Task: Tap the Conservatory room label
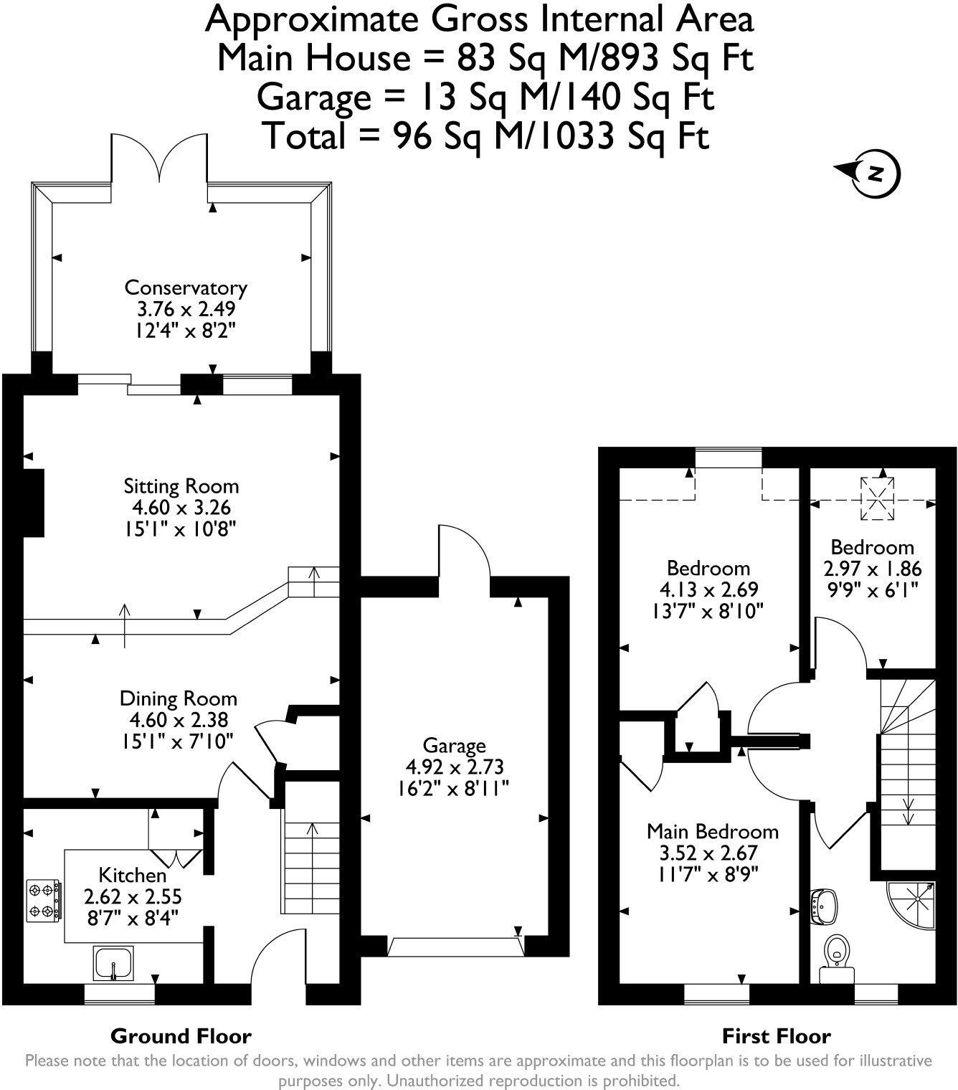(x=186, y=288)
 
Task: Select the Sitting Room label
(x=181, y=486)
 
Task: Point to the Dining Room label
(x=178, y=698)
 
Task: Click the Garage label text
(x=453, y=746)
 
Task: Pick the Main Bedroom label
(x=712, y=832)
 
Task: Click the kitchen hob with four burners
(x=42, y=901)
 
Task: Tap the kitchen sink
(x=113, y=962)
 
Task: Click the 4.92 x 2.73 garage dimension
(x=453, y=767)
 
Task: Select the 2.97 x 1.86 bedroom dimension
(x=872, y=569)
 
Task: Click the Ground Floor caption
(x=181, y=1035)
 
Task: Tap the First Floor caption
(x=776, y=1035)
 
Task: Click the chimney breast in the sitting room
(x=34, y=502)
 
